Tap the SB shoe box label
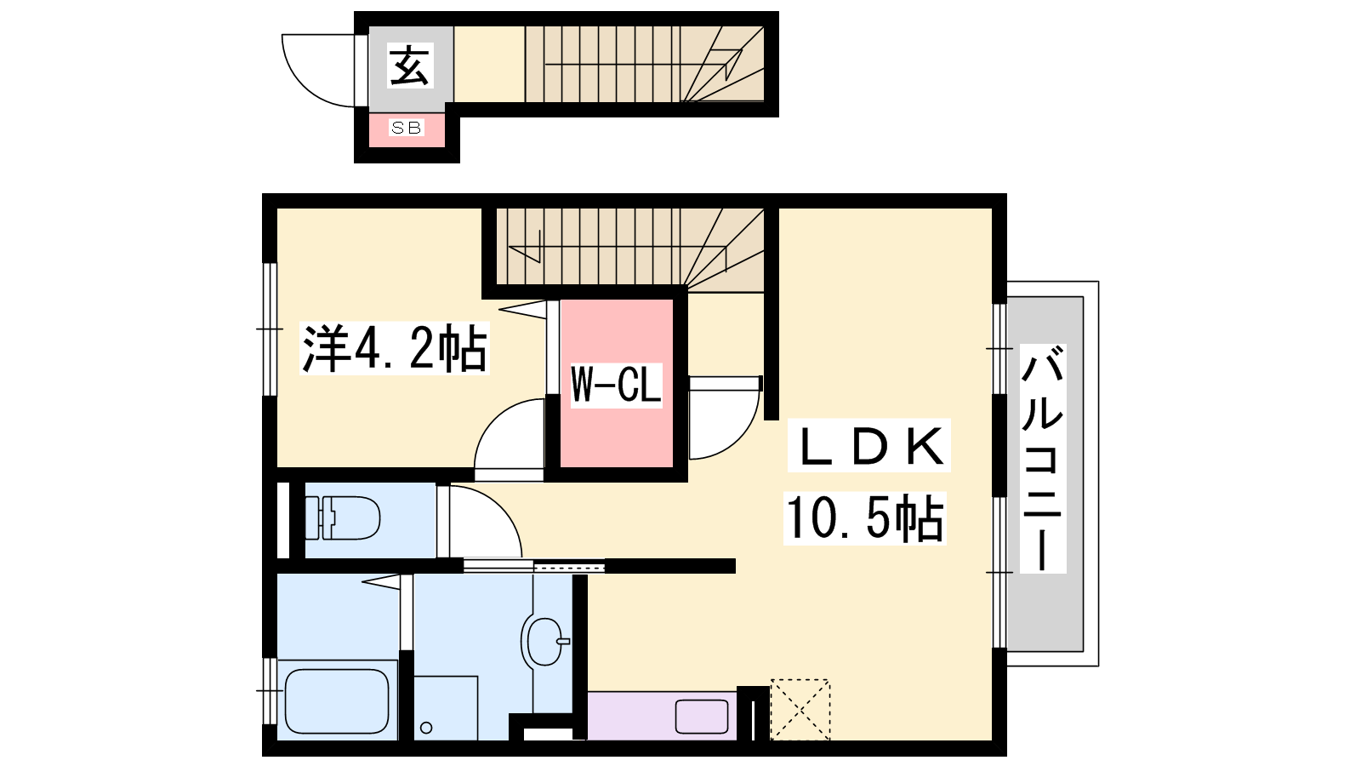click(x=407, y=128)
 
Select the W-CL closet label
click(x=616, y=385)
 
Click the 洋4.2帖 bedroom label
click(x=395, y=348)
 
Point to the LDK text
click(x=869, y=446)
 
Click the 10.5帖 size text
click(x=865, y=518)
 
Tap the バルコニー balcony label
click(x=1043, y=459)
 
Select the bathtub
click(x=337, y=701)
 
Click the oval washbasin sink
click(x=545, y=642)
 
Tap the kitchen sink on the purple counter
click(x=702, y=717)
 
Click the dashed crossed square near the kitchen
click(x=800, y=710)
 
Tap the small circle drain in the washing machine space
click(x=426, y=728)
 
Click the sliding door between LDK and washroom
click(x=534, y=567)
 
